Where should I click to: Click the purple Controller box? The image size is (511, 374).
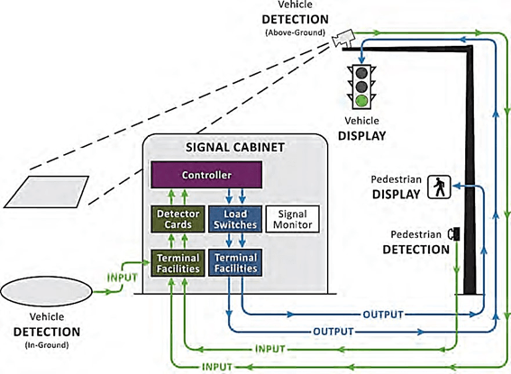(206, 175)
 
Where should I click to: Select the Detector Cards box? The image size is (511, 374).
(178, 219)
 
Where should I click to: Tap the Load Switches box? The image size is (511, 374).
(235, 219)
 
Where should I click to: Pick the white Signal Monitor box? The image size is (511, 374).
(292, 219)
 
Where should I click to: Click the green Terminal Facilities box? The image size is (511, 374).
(178, 263)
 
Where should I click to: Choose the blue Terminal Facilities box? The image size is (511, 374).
(235, 263)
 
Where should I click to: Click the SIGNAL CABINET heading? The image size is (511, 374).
(235, 147)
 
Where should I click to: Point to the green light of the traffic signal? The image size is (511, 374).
(361, 101)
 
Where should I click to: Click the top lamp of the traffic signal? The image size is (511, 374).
(361, 73)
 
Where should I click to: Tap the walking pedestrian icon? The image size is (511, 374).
(439, 187)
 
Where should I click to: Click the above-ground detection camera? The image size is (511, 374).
(342, 38)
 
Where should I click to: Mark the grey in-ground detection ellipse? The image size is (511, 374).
(46, 291)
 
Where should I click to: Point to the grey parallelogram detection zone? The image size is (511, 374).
(46, 192)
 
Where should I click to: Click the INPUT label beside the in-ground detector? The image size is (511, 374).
(123, 278)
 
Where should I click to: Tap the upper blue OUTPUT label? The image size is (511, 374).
(383, 315)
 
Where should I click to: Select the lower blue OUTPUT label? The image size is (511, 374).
(333, 332)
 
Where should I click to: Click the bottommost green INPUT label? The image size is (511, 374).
(217, 367)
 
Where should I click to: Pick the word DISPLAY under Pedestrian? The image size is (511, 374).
(396, 194)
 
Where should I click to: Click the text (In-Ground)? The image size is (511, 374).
(47, 345)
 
